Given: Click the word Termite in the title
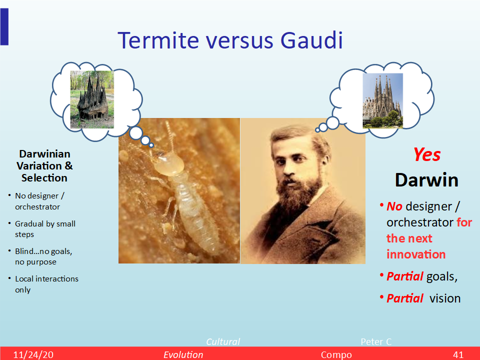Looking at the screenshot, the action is pos(158,40).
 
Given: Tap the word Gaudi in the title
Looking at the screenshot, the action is pos(311,40).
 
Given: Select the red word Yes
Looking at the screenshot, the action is pos(427,154).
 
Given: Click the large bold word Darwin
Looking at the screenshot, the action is pos(426,180).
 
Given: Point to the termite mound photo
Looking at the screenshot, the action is pos(92,99).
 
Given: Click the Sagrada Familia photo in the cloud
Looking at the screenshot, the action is pos(382,100).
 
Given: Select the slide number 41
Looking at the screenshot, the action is pos(458,355).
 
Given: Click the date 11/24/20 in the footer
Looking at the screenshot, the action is pos(33,355).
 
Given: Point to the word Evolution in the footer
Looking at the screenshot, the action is pos(183,355).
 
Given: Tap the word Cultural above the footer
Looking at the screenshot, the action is pos(223,341).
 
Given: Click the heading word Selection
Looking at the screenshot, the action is pos(44,178).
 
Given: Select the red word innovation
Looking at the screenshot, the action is pos(416,254).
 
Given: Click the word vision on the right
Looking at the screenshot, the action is pos(445,298).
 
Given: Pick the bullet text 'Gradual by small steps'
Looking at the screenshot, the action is pos(45,229).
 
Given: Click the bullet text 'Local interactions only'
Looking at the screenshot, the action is pos(47,284).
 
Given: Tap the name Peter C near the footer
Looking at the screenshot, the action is pos(376,341).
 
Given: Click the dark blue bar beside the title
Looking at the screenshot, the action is pos(4,26).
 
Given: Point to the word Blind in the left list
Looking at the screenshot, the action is pos(24,251).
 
